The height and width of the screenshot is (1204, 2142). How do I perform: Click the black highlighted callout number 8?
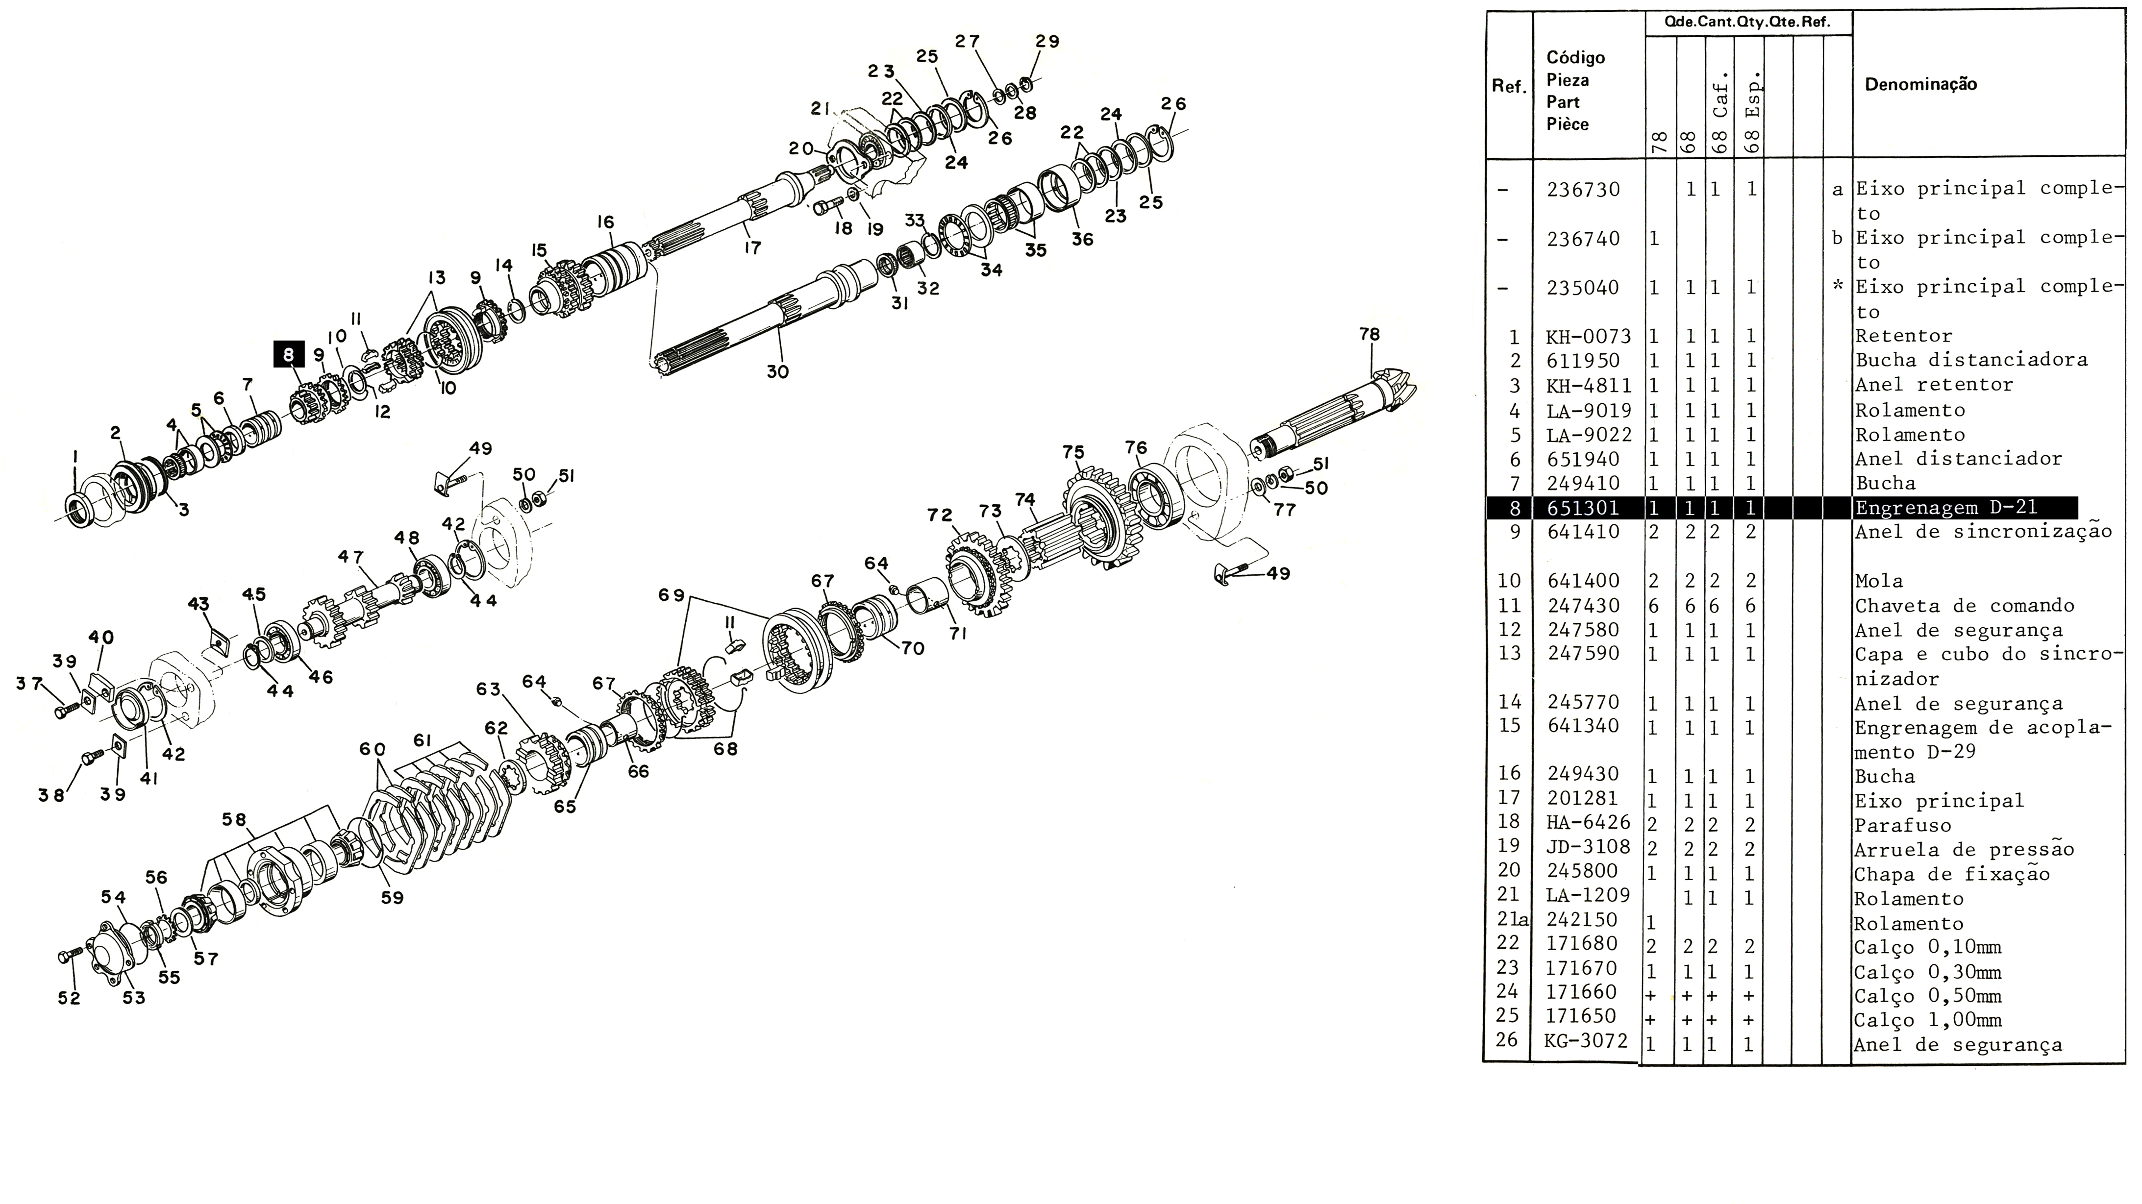pos(289,355)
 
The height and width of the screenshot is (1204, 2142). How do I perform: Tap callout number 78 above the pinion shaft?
pos(1369,334)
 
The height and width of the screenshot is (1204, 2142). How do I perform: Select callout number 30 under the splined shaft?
pos(777,371)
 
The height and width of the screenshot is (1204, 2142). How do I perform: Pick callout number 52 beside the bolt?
pos(69,998)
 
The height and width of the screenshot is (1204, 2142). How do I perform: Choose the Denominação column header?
pos(1921,84)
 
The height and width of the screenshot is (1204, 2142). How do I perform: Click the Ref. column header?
pos(1508,86)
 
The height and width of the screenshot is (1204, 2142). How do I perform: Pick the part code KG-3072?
pos(1586,1040)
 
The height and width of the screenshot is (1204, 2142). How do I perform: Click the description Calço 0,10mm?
pos(1927,947)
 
